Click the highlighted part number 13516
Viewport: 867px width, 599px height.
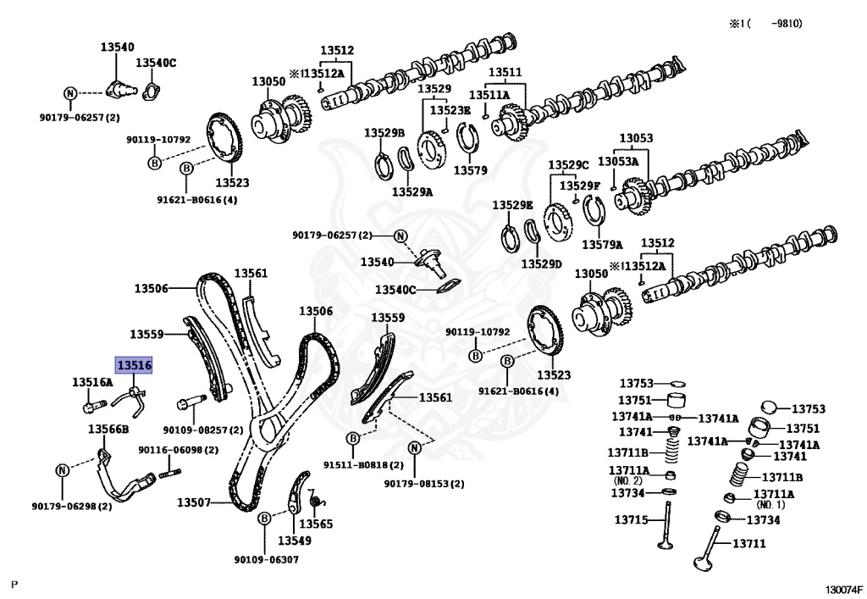[x=134, y=365]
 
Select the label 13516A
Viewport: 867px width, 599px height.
[x=91, y=383]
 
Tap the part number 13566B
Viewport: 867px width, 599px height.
[x=108, y=429]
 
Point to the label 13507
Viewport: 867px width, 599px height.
[x=193, y=502]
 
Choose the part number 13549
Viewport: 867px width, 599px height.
[x=295, y=540]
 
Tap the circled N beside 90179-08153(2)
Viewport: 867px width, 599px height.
[x=415, y=447]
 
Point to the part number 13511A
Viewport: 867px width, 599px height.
[x=489, y=95]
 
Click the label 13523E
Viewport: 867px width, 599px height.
[x=450, y=110]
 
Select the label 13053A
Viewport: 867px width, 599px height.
[x=618, y=161]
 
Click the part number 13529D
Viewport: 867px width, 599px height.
[x=541, y=263]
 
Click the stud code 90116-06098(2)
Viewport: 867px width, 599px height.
[x=166, y=450]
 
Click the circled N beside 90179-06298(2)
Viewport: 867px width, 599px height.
[x=62, y=470]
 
